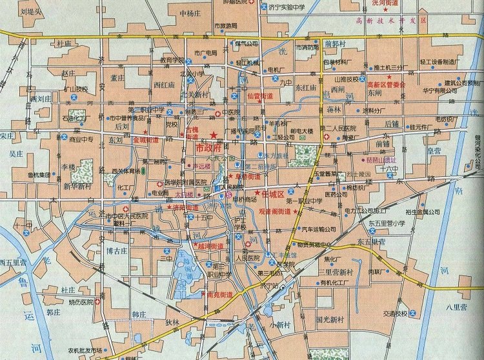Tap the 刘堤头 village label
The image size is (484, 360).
[x=31, y=11]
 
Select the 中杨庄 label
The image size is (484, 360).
[x=191, y=13]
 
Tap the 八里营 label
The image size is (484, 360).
[x=456, y=308]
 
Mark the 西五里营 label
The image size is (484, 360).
[x=13, y=263]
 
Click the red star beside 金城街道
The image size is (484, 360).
[x=128, y=139]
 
